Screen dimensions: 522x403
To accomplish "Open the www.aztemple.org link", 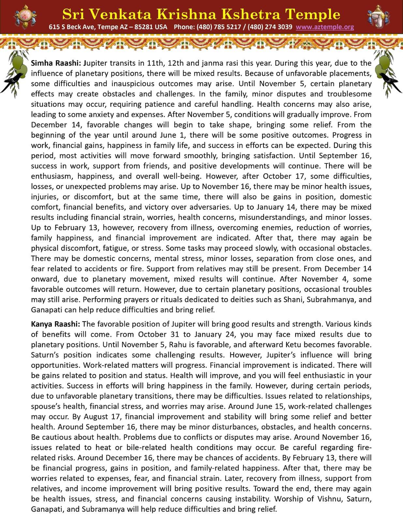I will pos(325,27).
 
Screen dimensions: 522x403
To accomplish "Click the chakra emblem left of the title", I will pos(25,16).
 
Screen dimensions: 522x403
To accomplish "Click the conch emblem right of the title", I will pos(378,16).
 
